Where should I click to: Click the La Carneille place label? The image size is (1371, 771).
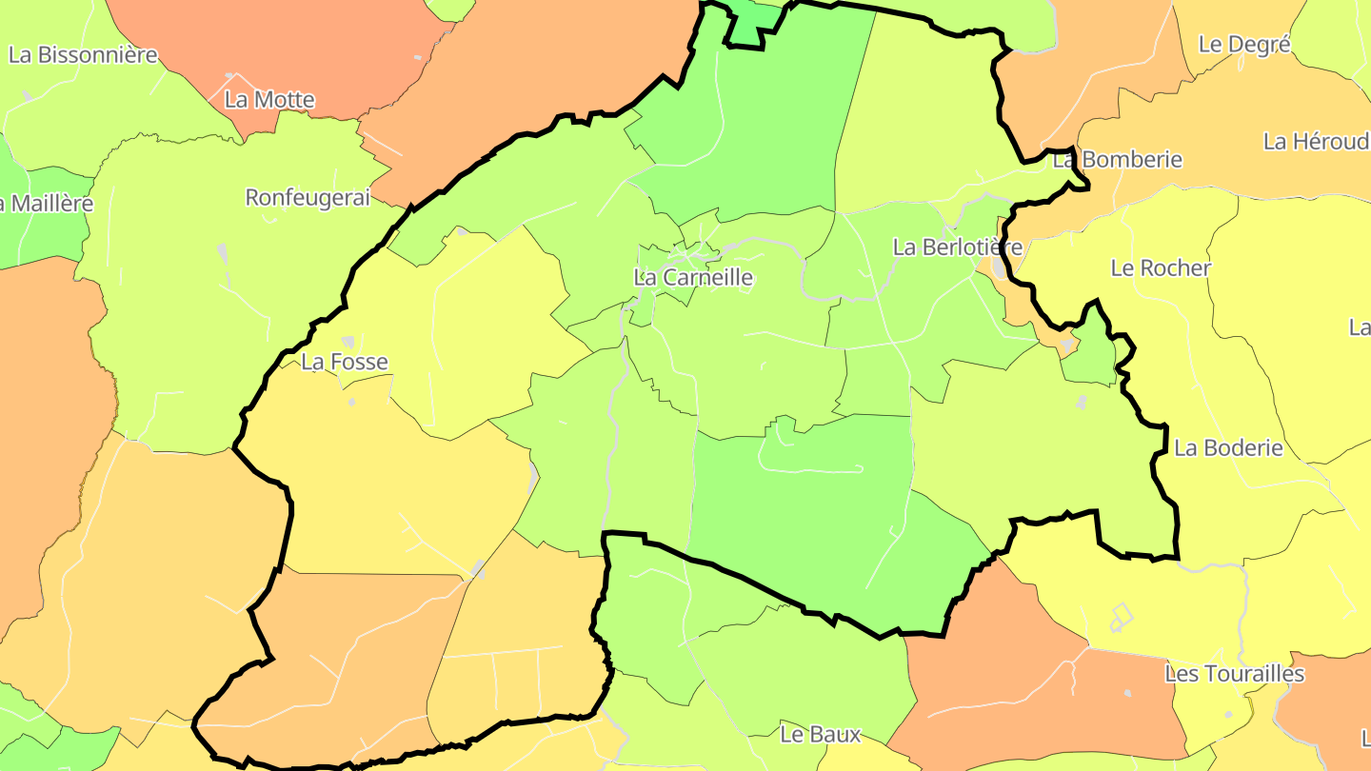[693, 278]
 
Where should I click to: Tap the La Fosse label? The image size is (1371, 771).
[345, 362]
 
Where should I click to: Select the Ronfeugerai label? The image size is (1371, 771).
[308, 198]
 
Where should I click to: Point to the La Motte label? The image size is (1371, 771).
[269, 100]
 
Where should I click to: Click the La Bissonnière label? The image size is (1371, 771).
[83, 55]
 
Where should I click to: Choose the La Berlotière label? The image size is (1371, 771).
[957, 247]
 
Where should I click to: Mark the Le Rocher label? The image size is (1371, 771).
[1161, 268]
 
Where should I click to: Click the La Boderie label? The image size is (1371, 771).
[1228, 448]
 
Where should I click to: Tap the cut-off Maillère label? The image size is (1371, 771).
[47, 204]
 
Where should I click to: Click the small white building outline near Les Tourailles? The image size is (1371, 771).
[1122, 619]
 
